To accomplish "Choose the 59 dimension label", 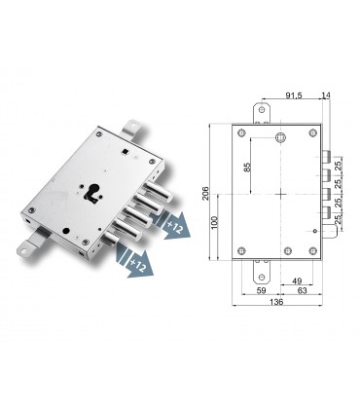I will click(259, 288).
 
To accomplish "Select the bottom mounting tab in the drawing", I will click(259, 267).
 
